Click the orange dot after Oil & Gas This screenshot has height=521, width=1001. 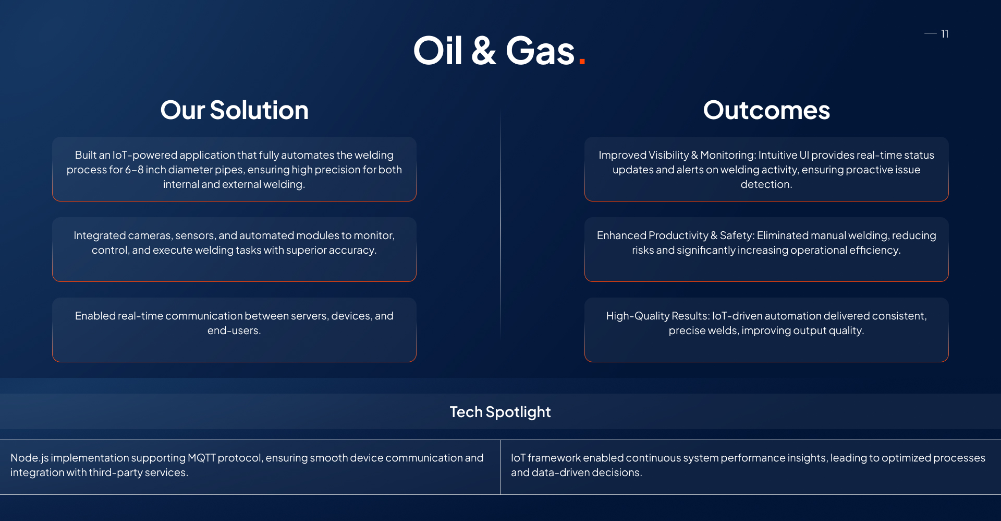(x=582, y=62)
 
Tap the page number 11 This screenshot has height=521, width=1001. (x=944, y=34)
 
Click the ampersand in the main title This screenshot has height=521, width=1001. (x=483, y=51)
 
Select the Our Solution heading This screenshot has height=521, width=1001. (x=234, y=110)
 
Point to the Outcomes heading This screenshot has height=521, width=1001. (x=766, y=110)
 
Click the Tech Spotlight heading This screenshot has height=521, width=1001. (x=500, y=412)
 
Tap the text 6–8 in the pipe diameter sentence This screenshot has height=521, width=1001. (x=134, y=170)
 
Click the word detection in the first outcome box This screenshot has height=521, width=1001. (x=765, y=184)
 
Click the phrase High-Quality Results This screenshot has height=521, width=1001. (x=657, y=316)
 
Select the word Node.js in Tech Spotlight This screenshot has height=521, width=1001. (x=29, y=458)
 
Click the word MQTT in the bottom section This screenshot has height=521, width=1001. (x=201, y=458)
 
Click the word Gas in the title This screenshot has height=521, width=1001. (x=540, y=51)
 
